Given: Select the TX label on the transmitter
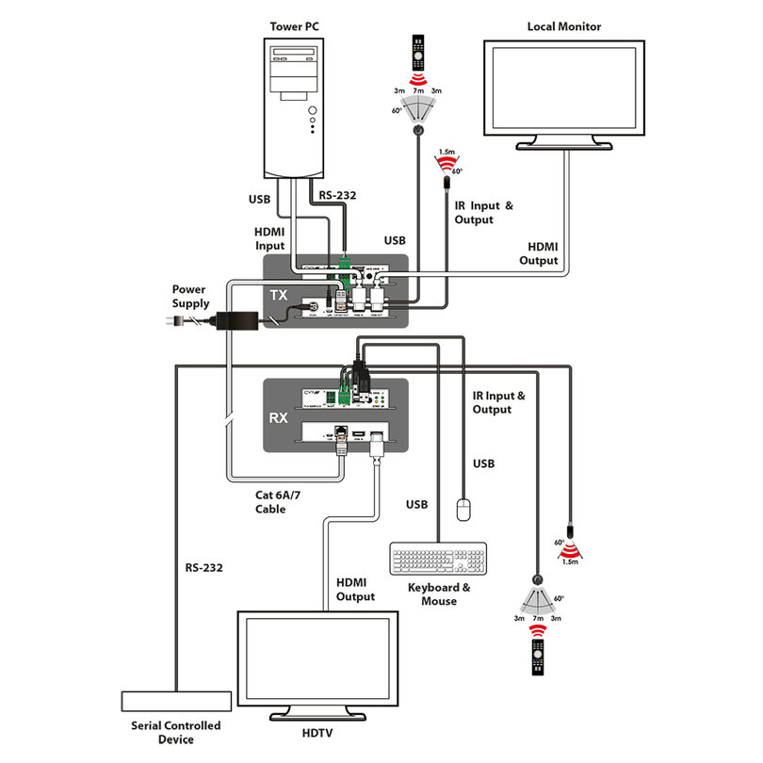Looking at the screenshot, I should (280, 295).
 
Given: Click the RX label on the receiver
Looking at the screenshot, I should (280, 417).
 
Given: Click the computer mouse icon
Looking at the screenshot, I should (462, 510).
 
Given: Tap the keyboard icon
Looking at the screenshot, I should (438, 559).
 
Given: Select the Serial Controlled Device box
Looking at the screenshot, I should (176, 702).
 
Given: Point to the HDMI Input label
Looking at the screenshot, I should (270, 239).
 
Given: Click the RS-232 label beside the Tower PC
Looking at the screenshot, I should (338, 196).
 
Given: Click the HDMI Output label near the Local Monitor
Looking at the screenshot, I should (540, 253).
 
